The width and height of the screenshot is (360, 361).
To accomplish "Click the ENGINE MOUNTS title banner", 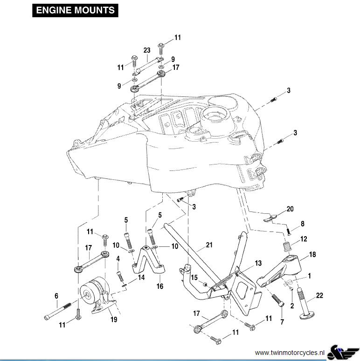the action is (x=75, y=10).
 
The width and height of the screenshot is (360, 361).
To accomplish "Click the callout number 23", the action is (x=147, y=50).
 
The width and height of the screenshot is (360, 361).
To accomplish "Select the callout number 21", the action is (x=209, y=245).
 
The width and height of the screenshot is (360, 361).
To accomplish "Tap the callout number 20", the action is (x=290, y=209).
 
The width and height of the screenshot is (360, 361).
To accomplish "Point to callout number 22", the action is (x=319, y=295).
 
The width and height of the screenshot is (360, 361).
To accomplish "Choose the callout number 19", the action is (x=114, y=320).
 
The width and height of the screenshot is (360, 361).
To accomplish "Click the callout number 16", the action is (x=160, y=286).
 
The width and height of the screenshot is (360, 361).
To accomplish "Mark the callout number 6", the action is (x=56, y=296).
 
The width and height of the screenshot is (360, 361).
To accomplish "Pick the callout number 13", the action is (x=258, y=263).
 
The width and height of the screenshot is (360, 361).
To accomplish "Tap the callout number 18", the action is (x=312, y=255).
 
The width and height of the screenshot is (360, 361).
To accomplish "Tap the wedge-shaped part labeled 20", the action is (x=270, y=218).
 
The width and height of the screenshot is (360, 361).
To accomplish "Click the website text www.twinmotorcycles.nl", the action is (x=290, y=352).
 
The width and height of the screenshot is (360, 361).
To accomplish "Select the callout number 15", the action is (x=194, y=277).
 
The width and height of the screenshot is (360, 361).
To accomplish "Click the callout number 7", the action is (x=282, y=321).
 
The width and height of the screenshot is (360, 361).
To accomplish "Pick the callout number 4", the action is (x=118, y=259).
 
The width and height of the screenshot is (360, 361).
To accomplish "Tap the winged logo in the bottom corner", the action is (x=343, y=352).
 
